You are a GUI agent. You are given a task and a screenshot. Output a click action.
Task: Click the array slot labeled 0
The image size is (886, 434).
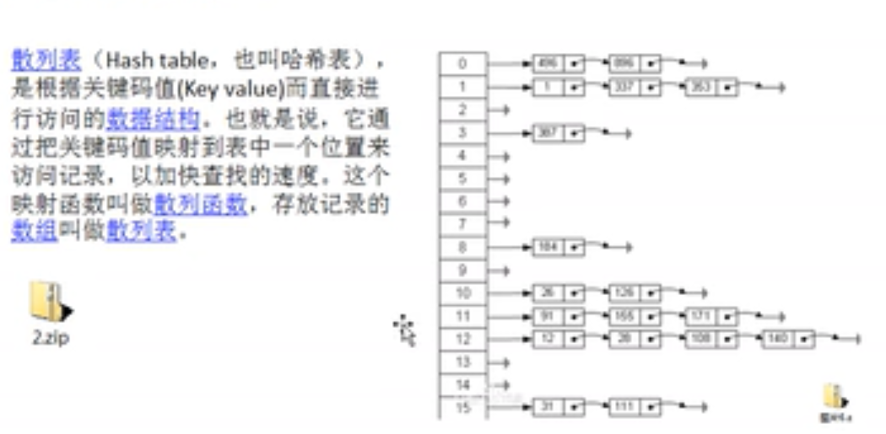point(462,63)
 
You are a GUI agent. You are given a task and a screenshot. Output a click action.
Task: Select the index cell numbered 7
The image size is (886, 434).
point(462,223)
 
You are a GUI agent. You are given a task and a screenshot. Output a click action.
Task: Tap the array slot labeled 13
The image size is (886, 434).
point(462,362)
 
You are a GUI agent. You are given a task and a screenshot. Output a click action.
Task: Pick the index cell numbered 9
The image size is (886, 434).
point(462,271)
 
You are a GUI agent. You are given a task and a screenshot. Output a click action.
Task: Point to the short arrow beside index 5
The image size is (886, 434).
point(500,179)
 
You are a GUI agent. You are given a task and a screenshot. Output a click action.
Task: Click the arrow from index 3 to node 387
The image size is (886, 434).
point(511,132)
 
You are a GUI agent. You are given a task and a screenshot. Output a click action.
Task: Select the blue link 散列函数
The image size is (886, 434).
point(200,205)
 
